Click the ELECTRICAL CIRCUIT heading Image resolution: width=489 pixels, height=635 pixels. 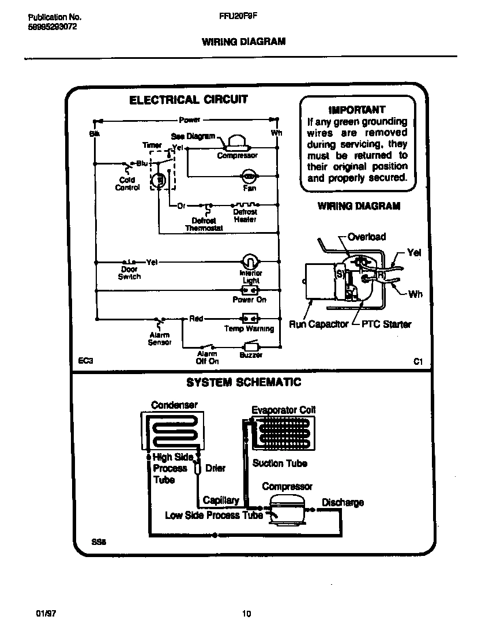click(188, 100)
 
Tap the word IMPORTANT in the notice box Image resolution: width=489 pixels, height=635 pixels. click(356, 110)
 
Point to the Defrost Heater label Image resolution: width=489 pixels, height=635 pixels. click(245, 216)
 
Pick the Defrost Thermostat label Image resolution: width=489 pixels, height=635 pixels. click(204, 225)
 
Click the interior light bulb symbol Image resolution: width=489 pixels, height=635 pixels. click(249, 261)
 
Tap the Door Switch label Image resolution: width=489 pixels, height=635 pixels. click(129, 273)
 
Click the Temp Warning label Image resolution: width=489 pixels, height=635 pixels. click(249, 329)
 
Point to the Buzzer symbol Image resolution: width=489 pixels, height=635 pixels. click(251, 346)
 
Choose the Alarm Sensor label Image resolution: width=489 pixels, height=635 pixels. click(160, 339)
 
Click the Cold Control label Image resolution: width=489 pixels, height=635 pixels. click(127, 184)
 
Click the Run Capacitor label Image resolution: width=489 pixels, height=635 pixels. click(318, 324)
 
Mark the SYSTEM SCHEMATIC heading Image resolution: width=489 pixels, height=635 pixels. click(243, 383)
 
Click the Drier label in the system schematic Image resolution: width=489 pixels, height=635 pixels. click(215, 468)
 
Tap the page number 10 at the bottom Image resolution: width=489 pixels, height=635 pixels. click(246, 614)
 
